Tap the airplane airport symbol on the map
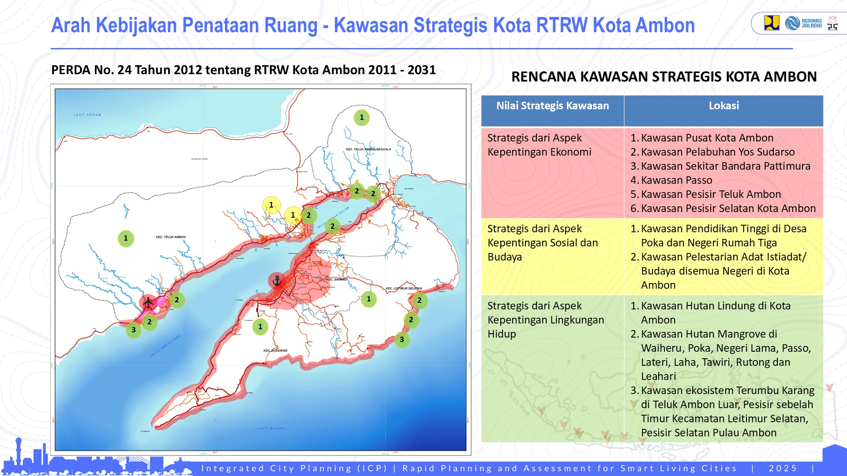click(148, 302)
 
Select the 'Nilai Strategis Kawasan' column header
click(552, 106)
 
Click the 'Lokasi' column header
click(723, 106)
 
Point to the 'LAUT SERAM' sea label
click(87, 115)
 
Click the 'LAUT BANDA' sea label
click(270, 428)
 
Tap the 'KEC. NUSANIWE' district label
click(275, 351)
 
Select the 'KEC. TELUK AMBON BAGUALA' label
click(368, 149)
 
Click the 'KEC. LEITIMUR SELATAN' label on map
click(404, 288)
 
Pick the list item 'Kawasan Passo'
click(676, 180)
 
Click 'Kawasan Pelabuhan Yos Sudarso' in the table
click(717, 152)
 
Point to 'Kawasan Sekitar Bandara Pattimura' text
click(725, 166)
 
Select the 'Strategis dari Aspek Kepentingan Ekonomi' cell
click(539, 145)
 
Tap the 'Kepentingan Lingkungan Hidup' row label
click(545, 320)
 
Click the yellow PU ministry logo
click(772, 23)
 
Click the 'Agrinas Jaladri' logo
click(803, 23)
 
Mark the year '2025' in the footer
click(783, 469)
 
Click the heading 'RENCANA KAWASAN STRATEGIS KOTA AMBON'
click(664, 77)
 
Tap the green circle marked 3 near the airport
click(133, 330)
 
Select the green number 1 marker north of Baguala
click(362, 118)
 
